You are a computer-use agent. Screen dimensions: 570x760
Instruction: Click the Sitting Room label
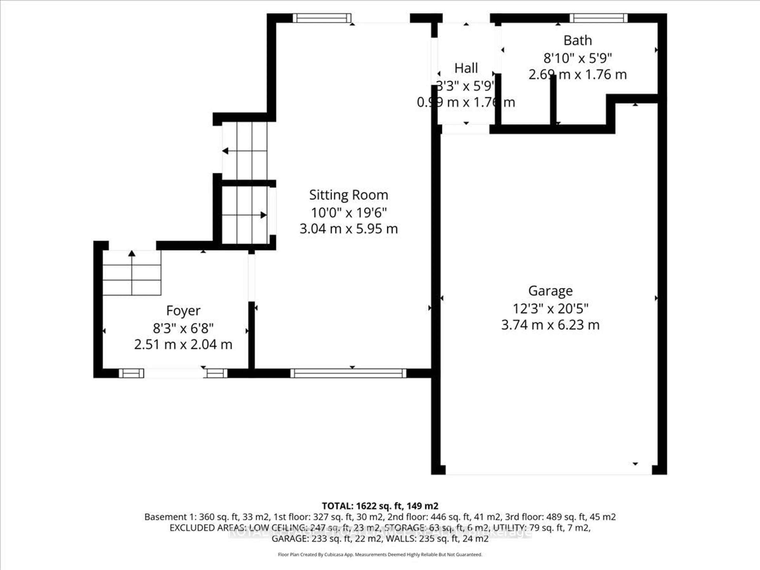coord(348,195)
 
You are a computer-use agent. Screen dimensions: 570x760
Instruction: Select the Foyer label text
coord(183,311)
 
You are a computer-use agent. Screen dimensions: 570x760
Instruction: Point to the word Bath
coord(578,41)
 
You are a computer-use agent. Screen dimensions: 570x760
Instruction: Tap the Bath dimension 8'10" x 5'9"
coord(578,58)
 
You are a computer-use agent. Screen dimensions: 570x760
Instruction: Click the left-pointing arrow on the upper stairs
coord(226,151)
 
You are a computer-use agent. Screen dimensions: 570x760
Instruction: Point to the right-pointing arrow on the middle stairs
coord(263,215)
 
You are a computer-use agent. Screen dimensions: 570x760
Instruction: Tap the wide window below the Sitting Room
coord(348,373)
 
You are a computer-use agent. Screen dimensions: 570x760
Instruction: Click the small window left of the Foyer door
coord(131,373)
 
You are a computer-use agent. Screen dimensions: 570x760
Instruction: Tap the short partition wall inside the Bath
coord(553,101)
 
